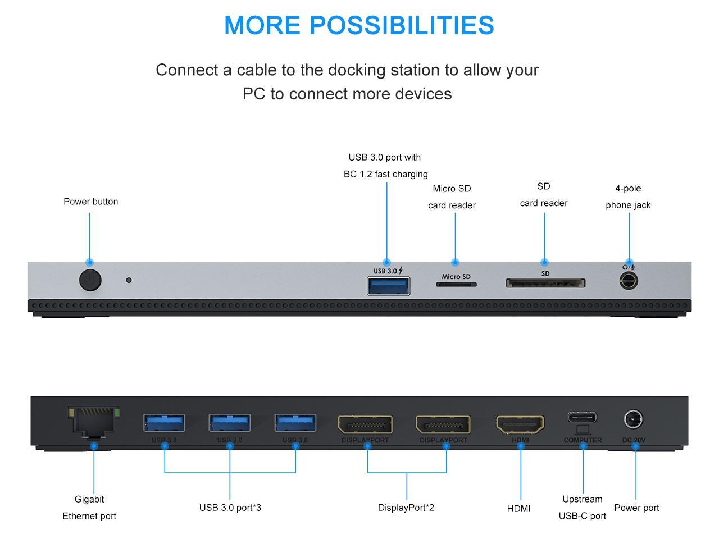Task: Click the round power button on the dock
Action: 90,280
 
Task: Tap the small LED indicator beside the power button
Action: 129,280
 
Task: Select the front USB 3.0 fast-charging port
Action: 388,285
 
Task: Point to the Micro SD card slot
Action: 456,284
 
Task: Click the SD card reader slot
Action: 545,283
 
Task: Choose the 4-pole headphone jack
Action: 629,280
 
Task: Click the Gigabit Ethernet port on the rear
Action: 94,422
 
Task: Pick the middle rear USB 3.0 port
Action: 230,423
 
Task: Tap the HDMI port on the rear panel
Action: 520,424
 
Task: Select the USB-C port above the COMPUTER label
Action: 582,418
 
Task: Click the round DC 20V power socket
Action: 633,419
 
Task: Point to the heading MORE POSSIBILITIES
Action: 359,25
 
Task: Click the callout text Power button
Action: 91,202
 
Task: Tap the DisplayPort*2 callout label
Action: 406,508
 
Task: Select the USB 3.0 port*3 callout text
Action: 230,508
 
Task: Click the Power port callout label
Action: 636,508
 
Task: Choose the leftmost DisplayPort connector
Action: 365,424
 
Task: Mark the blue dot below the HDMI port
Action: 521,446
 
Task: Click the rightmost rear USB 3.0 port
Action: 295,423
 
